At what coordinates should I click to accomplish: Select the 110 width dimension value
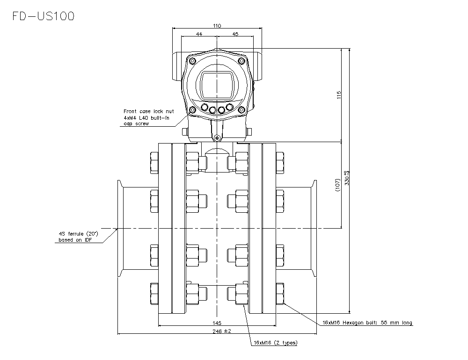[217, 26]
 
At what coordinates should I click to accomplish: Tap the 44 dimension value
[199, 34]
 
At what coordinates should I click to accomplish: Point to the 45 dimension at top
[235, 34]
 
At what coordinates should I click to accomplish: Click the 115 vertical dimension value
[339, 94]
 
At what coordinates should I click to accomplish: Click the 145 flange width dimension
[217, 323]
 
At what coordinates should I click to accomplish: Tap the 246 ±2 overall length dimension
[217, 331]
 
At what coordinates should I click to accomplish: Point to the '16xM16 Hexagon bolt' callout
[367, 323]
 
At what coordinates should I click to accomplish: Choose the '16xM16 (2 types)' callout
[275, 343]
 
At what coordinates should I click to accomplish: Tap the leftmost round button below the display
[205, 108]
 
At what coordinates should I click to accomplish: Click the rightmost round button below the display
[230, 108]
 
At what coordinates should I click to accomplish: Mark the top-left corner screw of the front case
[192, 61]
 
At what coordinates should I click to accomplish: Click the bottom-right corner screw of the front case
[241, 110]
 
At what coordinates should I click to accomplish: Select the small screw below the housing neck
[216, 137]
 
